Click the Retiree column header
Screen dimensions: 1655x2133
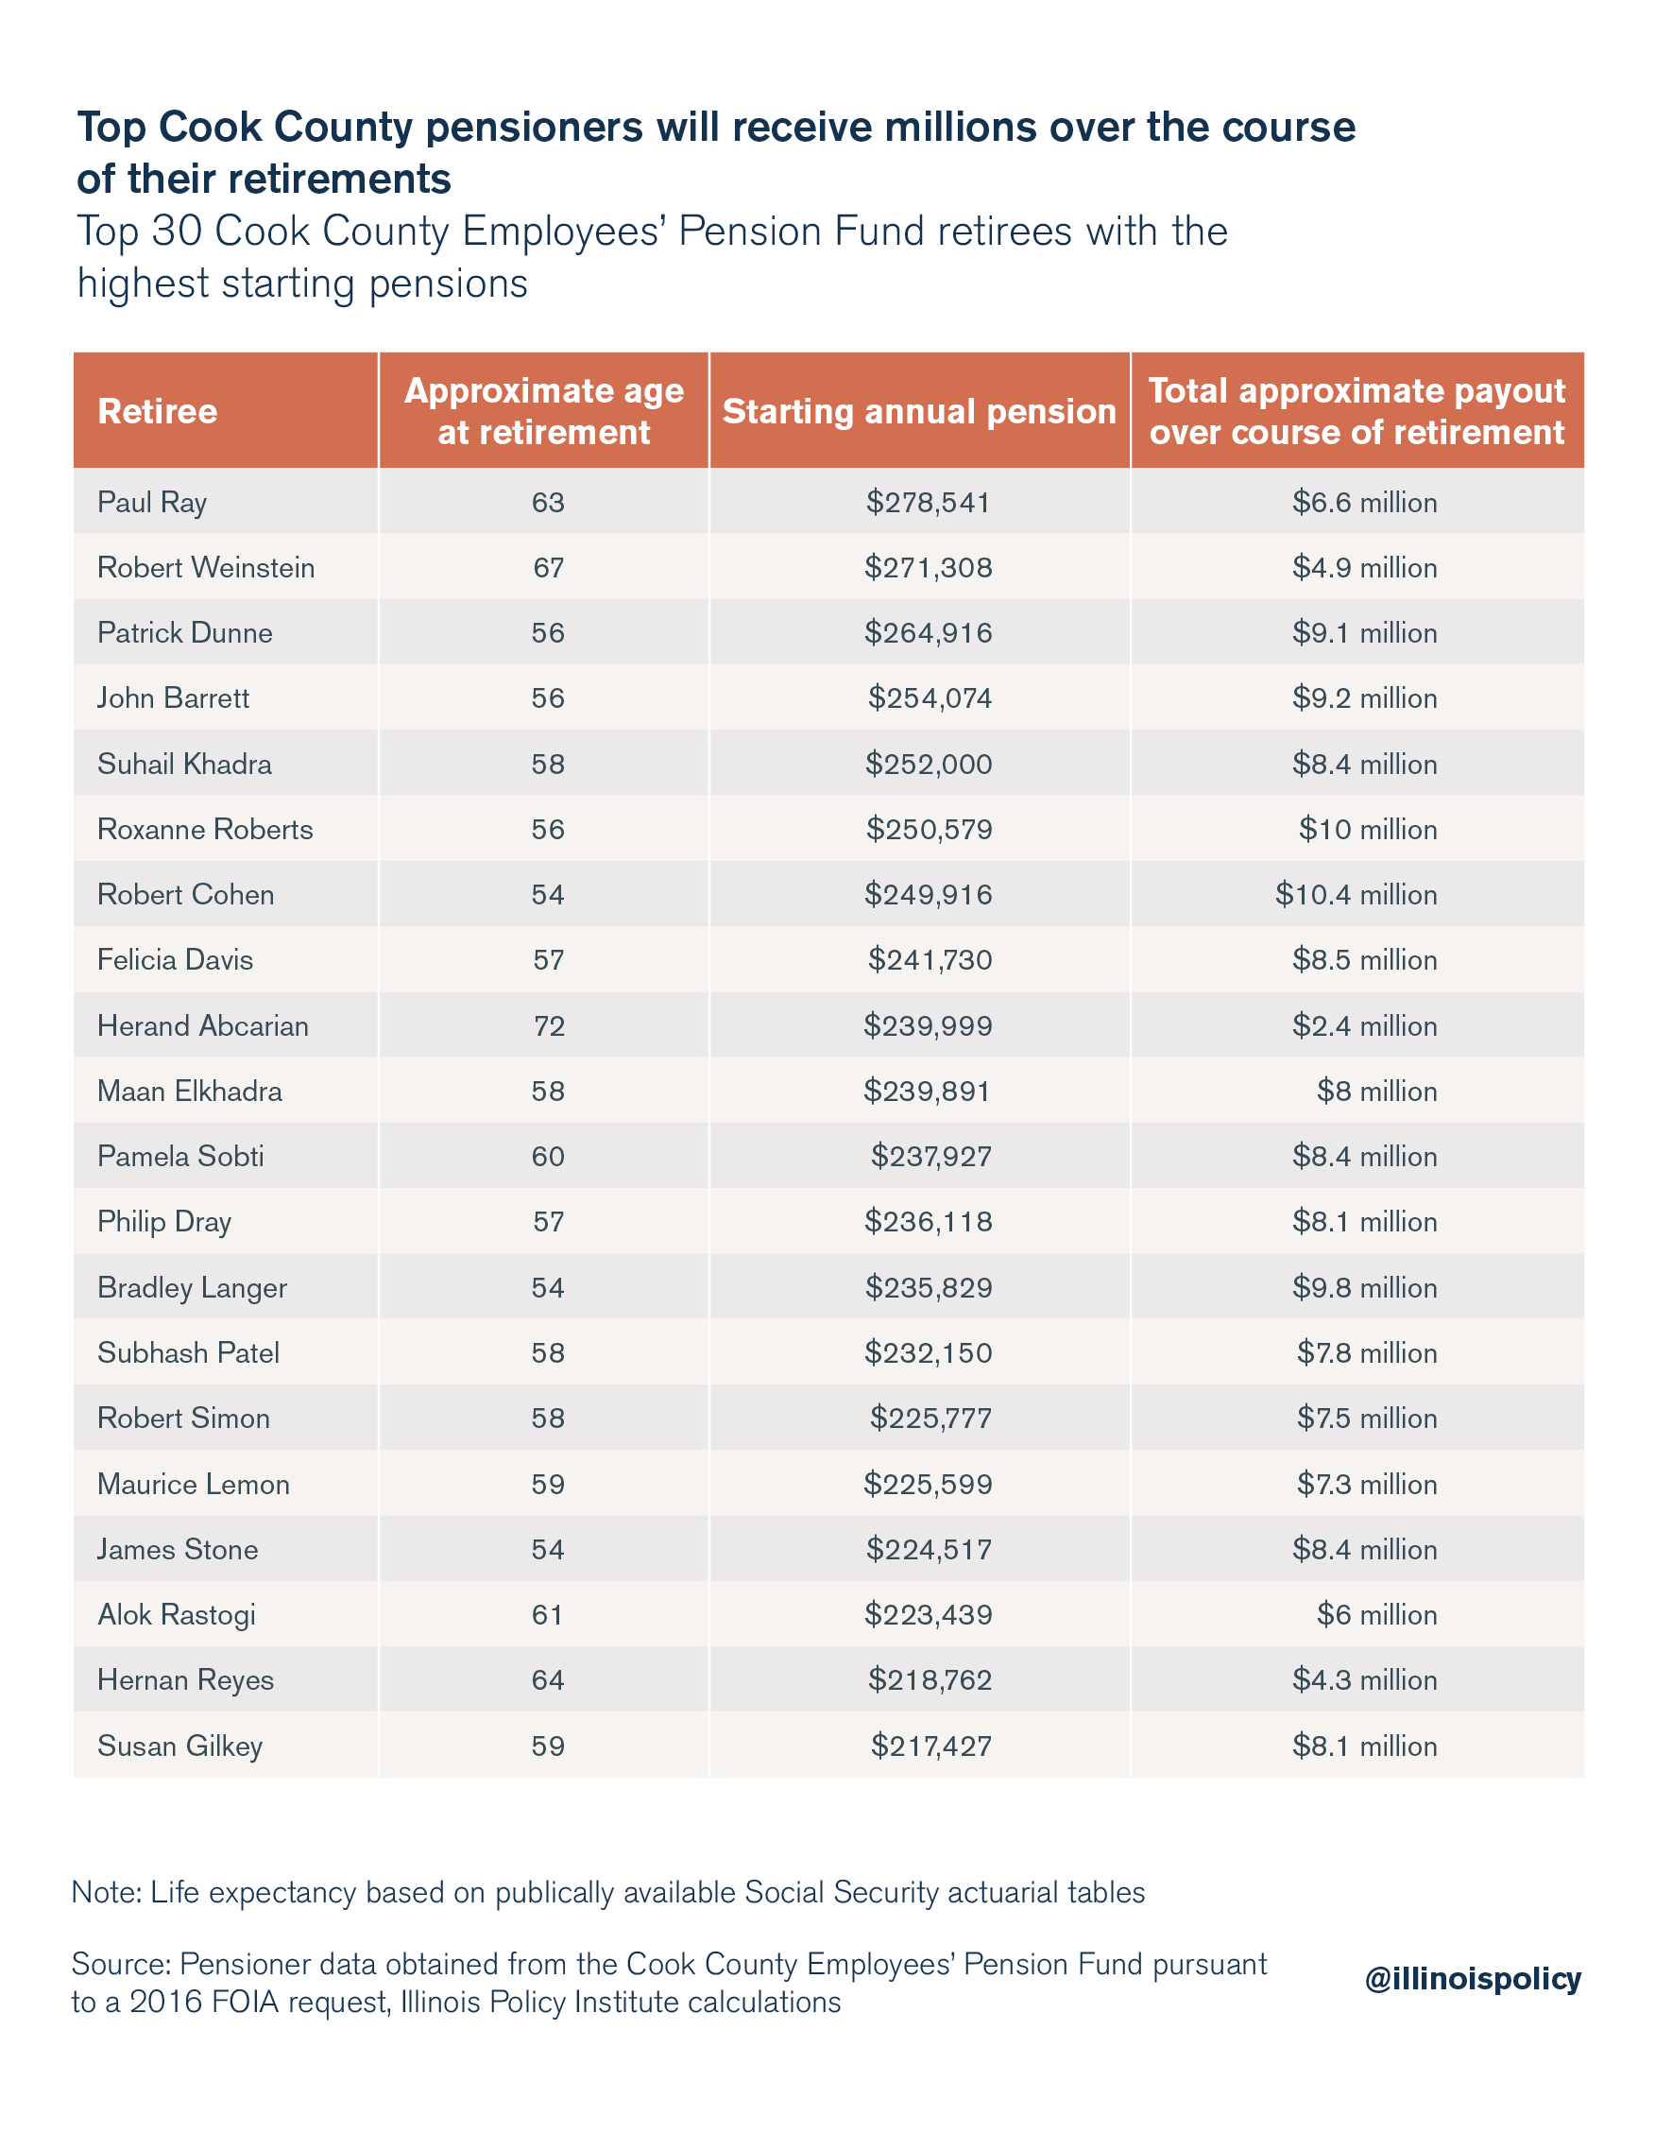coord(157,411)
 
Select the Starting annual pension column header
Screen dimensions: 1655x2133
coord(919,411)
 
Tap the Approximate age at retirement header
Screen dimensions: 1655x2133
coord(544,411)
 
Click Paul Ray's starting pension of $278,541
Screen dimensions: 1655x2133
coord(928,502)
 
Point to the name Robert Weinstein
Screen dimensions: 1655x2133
coord(206,567)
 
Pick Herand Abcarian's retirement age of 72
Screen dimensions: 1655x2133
coord(549,1025)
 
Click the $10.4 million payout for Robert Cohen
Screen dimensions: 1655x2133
coord(1356,895)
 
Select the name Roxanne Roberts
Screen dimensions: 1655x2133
coord(205,829)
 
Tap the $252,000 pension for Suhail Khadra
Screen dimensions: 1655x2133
coord(929,764)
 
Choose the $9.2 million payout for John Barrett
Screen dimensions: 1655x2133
coord(1365,698)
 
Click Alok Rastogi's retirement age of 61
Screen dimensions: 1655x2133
coord(548,1614)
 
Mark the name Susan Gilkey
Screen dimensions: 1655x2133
coord(180,1746)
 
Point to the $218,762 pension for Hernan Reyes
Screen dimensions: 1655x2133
coord(930,1679)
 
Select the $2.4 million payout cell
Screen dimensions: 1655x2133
coord(1365,1025)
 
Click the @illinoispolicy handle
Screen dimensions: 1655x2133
coord(1473,1979)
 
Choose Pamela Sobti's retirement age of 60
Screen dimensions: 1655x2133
coord(548,1157)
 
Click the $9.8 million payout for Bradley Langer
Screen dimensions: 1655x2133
coord(1365,1287)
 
